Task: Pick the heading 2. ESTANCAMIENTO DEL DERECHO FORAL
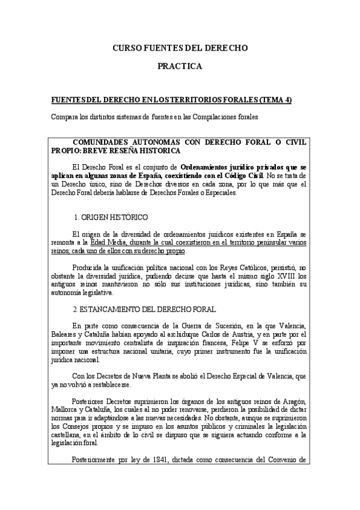coord(144,309)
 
